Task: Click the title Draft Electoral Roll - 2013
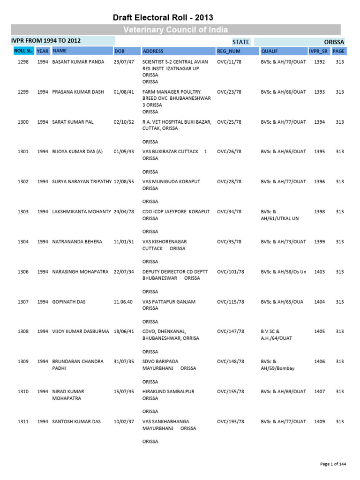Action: pos(163,18)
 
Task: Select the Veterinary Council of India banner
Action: pos(176,30)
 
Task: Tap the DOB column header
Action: pos(120,51)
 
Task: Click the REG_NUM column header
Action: pos(228,51)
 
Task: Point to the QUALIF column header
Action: pos(270,51)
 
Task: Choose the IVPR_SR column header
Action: pos(318,51)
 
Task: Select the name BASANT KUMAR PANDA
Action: pos(78,62)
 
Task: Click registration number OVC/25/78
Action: pos(230,122)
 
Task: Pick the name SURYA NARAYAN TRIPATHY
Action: pos(82,182)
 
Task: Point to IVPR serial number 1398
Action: pos(319,212)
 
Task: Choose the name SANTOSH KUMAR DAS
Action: pos(76,422)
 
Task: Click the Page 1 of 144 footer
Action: pos(333,464)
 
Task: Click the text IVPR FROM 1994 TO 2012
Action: pos(46,41)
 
